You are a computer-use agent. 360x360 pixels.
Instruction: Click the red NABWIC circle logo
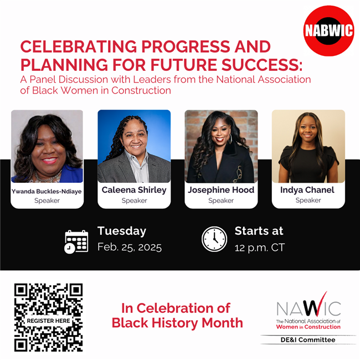point(328,31)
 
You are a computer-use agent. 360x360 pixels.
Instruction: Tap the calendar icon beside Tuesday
point(76,242)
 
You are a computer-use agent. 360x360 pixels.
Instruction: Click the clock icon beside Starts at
point(214,239)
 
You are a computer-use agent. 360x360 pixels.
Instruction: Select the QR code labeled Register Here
point(48,317)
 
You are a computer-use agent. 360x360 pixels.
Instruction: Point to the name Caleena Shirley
point(134,190)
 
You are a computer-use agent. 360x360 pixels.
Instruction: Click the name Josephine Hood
point(221,190)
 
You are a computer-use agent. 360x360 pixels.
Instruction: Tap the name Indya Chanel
point(307,190)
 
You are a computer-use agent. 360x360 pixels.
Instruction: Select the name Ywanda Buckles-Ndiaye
point(47,192)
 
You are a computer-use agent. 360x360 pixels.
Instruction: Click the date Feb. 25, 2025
point(130,248)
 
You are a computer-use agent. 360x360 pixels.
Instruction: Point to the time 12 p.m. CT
point(260,248)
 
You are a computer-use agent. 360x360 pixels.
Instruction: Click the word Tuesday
point(122,231)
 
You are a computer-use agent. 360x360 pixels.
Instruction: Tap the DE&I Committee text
point(308,340)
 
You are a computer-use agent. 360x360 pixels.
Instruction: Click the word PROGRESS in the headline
point(186,47)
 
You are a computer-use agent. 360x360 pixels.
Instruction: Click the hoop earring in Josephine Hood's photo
point(230,139)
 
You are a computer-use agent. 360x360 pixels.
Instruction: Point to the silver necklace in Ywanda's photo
point(48,177)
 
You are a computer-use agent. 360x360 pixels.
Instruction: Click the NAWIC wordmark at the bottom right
point(308,307)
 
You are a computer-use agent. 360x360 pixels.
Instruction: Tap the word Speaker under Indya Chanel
point(308,200)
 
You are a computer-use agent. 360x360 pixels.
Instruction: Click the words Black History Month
point(177,323)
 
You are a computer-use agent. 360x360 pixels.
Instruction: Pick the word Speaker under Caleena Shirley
point(135,200)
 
